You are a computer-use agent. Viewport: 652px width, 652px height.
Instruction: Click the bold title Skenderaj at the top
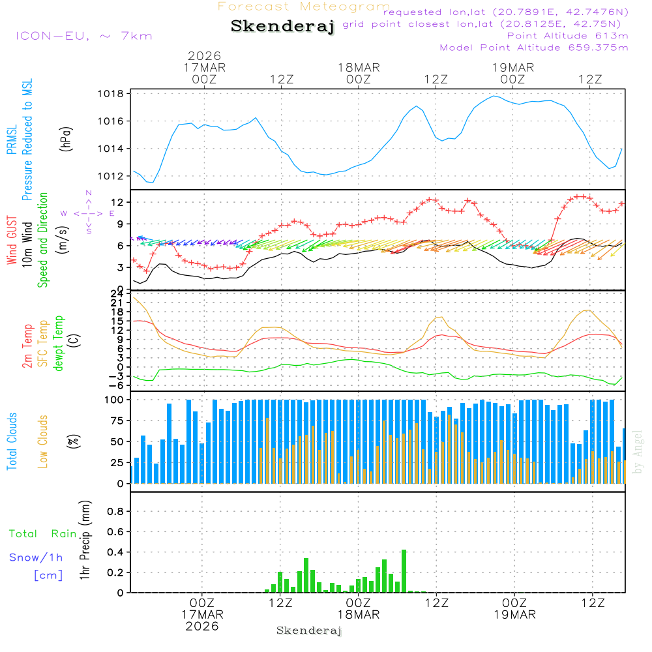click(x=282, y=27)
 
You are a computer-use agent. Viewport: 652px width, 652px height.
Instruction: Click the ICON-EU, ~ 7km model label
click(x=83, y=36)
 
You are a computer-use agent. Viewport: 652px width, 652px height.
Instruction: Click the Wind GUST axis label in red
click(x=12, y=240)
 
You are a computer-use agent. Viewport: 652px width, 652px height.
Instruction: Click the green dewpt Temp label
click(x=59, y=343)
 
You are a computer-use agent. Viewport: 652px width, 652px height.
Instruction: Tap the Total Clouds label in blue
click(x=12, y=441)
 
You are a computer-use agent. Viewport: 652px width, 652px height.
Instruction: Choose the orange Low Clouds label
click(x=43, y=441)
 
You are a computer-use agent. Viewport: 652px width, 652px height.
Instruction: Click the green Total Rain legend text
click(x=43, y=533)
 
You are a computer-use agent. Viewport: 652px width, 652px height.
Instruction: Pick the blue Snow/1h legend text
click(x=37, y=557)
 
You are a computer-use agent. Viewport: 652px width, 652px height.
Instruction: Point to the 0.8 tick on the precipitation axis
click(x=115, y=512)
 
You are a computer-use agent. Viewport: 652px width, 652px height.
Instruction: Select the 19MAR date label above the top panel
click(x=513, y=68)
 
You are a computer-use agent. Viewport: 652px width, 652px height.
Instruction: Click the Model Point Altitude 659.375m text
click(x=534, y=48)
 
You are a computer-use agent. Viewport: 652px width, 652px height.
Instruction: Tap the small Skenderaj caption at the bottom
click(x=309, y=630)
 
